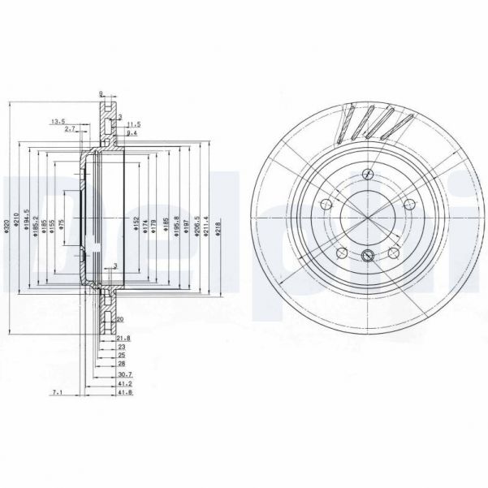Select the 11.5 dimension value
[135, 123]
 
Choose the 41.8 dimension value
[124, 392]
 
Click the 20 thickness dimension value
[119, 319]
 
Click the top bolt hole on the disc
[369, 173]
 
